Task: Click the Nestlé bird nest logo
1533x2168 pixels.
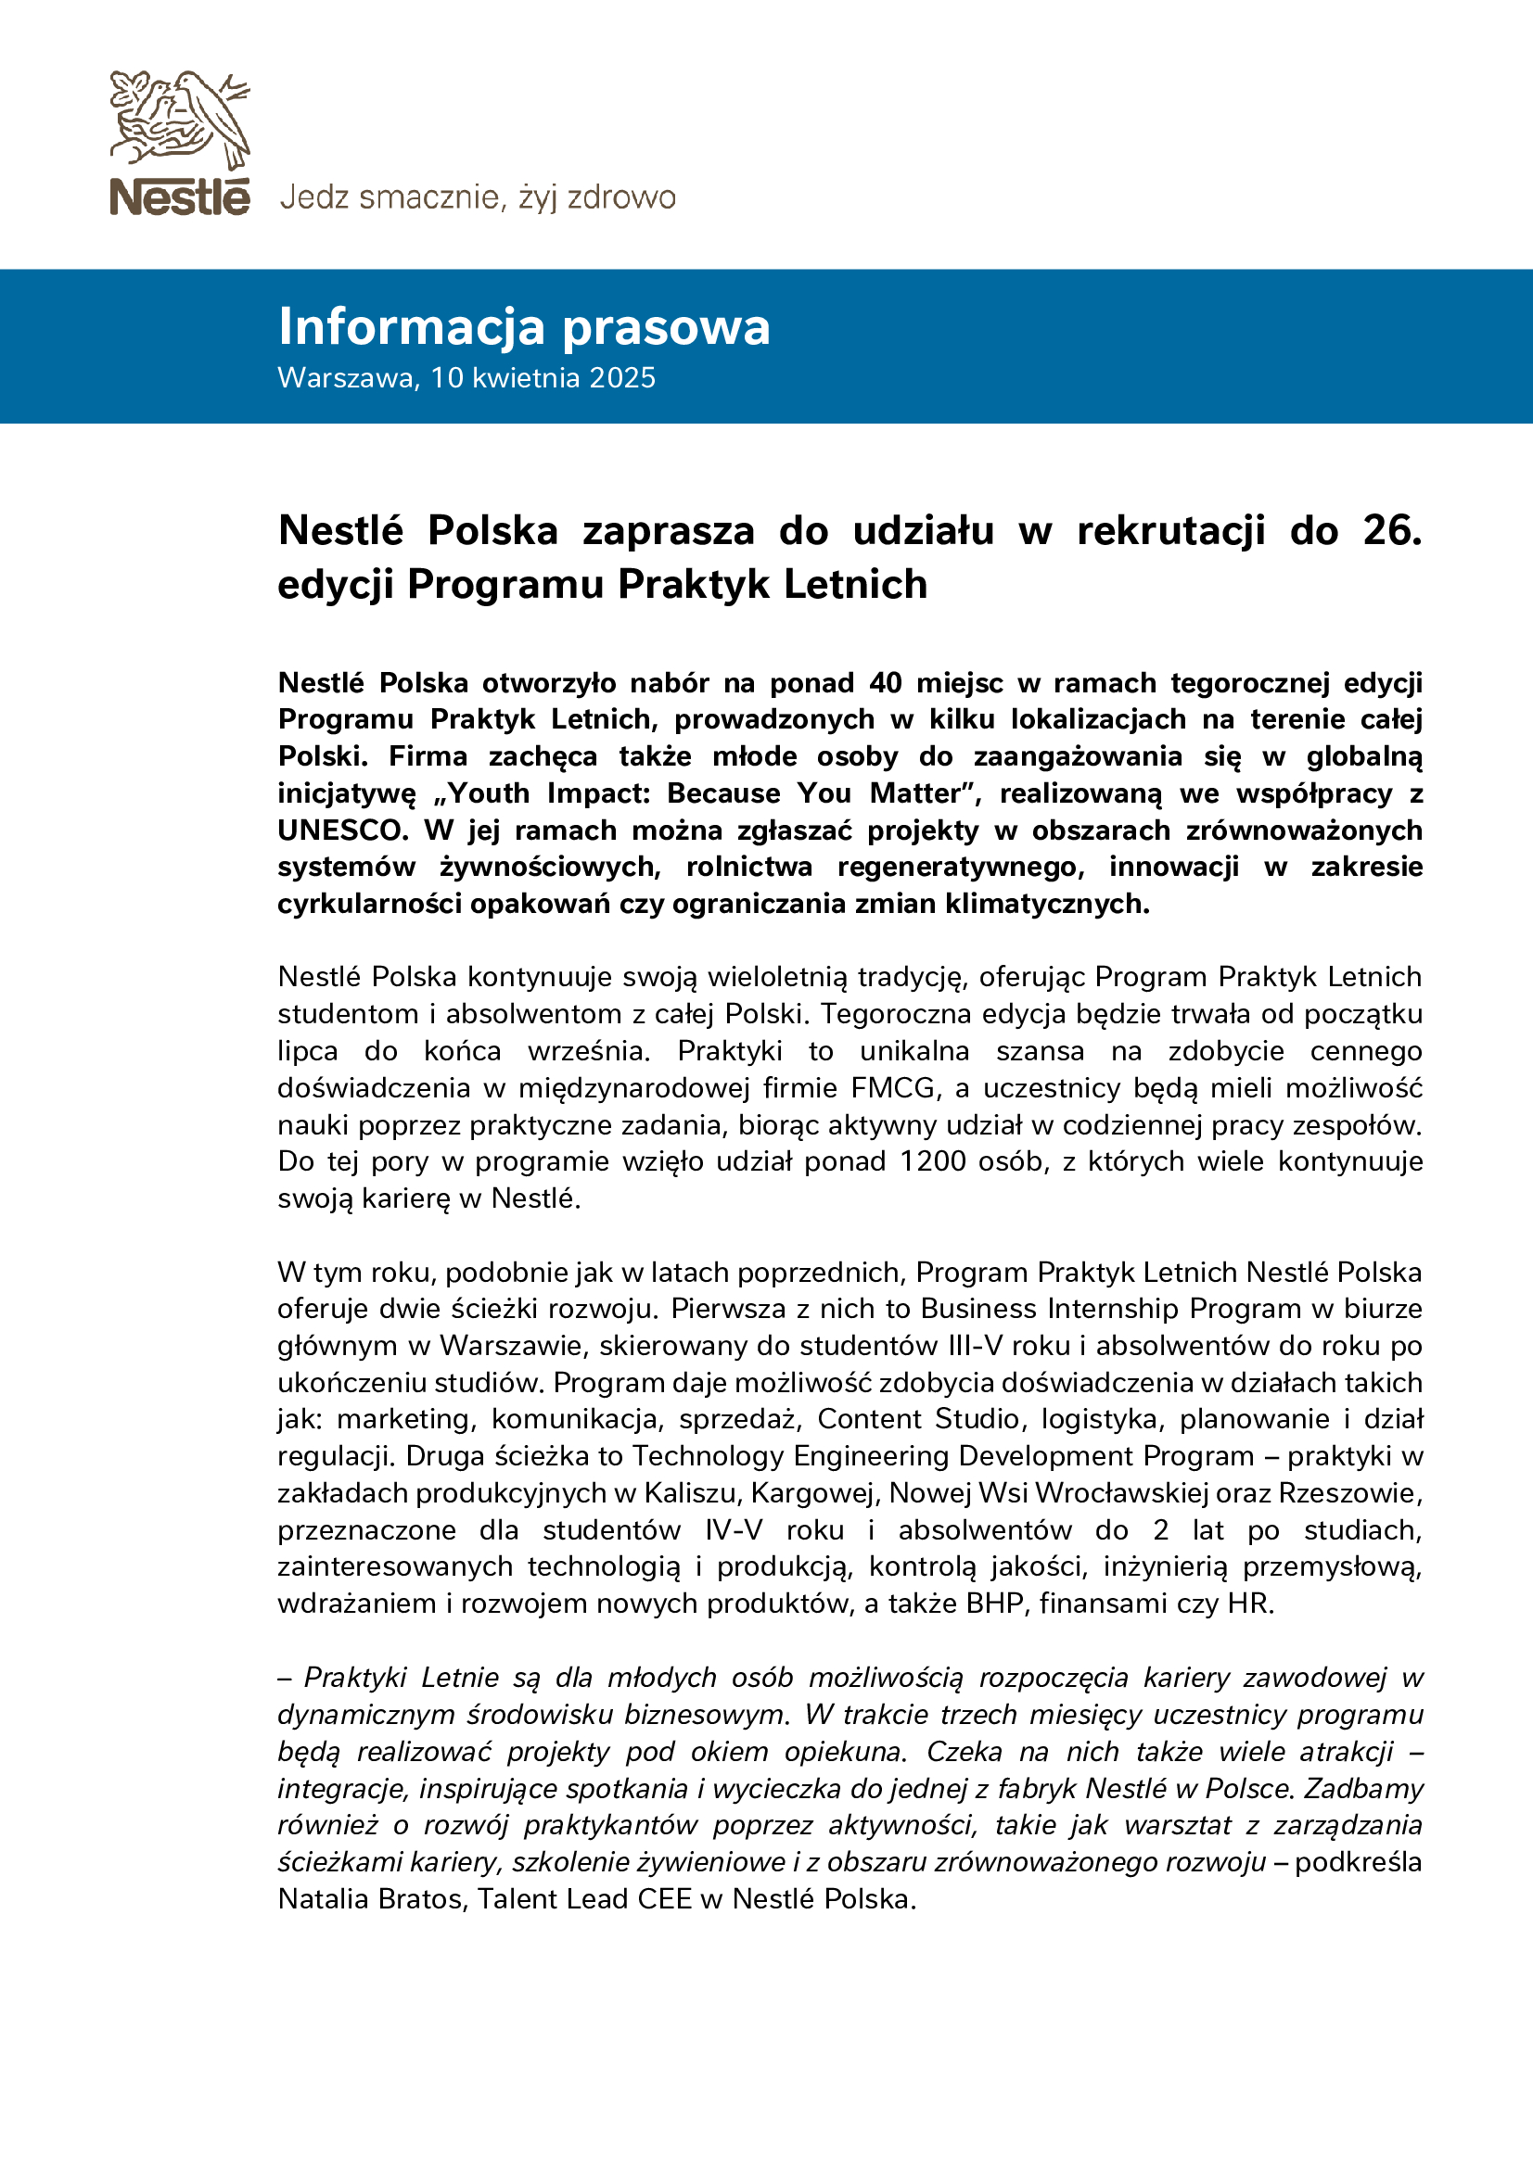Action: coord(180,142)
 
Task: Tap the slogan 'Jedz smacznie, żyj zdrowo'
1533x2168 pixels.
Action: coord(477,197)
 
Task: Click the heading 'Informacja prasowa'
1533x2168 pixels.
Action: coord(524,326)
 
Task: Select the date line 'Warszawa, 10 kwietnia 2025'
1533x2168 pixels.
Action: coord(466,377)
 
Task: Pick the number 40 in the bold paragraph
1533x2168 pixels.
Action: coord(885,683)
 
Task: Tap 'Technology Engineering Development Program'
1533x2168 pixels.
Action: coord(942,1456)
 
